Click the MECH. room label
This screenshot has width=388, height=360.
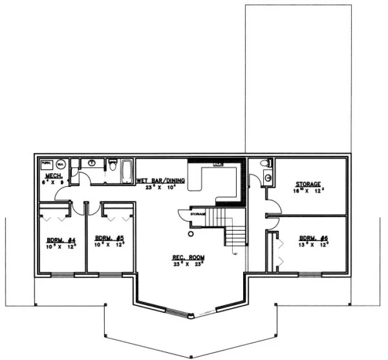click(53, 177)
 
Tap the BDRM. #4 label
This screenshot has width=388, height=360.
click(60, 240)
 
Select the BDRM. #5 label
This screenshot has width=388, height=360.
click(110, 238)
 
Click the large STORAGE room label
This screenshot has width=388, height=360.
click(308, 184)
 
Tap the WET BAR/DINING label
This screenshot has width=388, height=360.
click(161, 180)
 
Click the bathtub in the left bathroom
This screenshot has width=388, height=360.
click(127, 172)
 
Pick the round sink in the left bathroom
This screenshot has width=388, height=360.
click(92, 162)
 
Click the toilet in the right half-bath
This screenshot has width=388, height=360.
click(265, 163)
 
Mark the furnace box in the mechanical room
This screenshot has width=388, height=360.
click(47, 163)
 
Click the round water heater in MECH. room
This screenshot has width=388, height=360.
click(61, 163)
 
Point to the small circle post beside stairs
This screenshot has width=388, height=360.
click(190, 235)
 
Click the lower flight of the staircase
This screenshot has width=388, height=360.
click(236, 237)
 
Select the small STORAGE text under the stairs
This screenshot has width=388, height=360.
click(198, 214)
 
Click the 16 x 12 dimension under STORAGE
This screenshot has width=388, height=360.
click(307, 191)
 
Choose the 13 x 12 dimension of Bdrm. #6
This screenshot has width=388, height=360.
click(314, 245)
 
